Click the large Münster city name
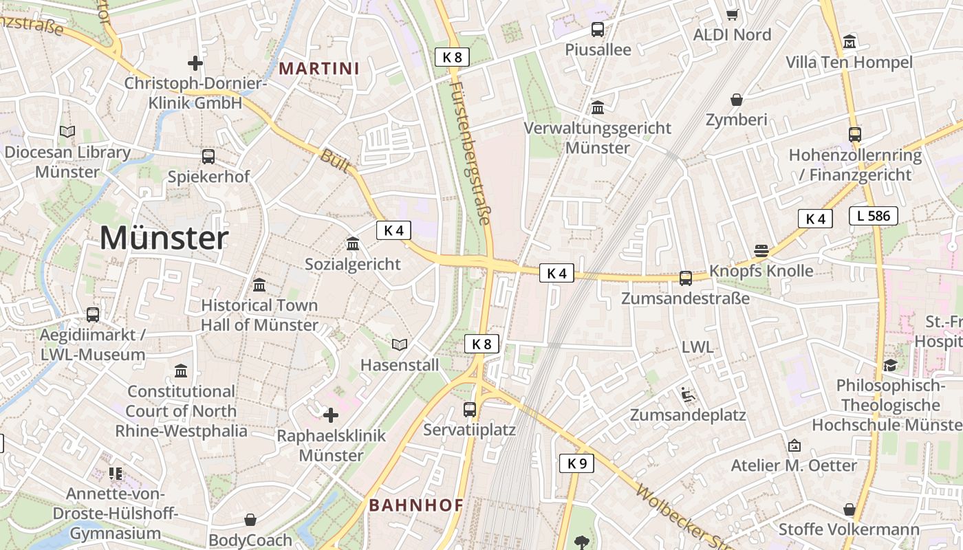(x=164, y=238)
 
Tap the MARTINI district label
(x=320, y=68)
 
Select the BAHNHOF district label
(x=416, y=505)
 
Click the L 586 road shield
(x=874, y=216)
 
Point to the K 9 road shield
(x=576, y=463)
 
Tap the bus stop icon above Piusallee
(x=598, y=30)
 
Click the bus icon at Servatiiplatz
(x=470, y=410)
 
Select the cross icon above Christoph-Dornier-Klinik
(x=195, y=63)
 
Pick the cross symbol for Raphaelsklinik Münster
(x=331, y=415)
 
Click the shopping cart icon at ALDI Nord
(x=733, y=14)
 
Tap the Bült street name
(x=335, y=162)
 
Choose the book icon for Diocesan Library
(x=67, y=131)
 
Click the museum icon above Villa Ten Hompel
(x=850, y=41)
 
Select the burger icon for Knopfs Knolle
(x=761, y=250)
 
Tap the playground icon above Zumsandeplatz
(x=687, y=395)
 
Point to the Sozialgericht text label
(x=353, y=264)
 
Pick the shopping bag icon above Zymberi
(x=737, y=100)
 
